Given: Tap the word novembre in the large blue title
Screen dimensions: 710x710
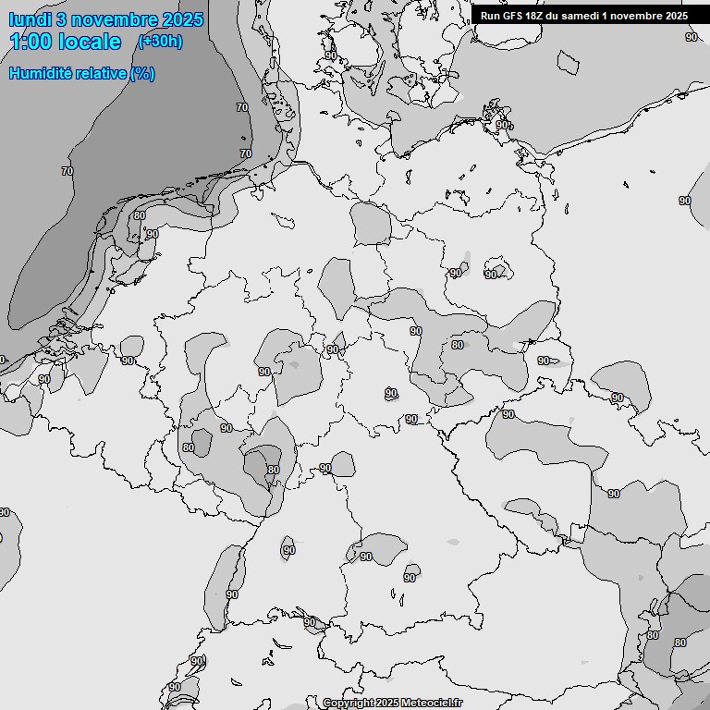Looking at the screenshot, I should pos(113,19).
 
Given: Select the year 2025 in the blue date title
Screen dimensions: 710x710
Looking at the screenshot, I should pos(183,19).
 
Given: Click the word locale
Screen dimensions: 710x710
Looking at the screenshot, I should pos(92,42).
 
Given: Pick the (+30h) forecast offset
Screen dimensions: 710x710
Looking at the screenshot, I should pos(160,42).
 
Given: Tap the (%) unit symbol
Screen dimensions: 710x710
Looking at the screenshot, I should pos(142,73).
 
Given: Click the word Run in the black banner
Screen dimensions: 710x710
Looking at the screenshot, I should pos(490,16).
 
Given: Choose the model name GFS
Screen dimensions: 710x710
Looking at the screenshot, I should pos(512,16).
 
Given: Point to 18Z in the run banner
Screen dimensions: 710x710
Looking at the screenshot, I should pos(536,16).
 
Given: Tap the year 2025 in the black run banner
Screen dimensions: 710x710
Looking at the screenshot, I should pos(677,16).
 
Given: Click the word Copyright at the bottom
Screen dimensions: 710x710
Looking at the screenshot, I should pos(349,704).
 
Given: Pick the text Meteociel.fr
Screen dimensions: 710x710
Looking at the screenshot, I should pos(432,704).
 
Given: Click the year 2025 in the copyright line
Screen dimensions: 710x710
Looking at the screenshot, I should pos(388,704).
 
